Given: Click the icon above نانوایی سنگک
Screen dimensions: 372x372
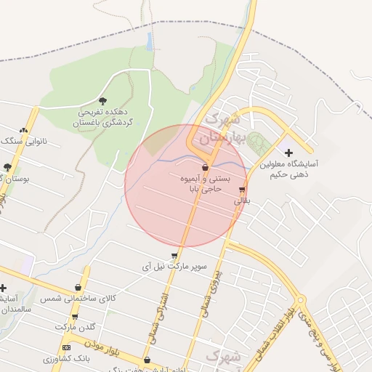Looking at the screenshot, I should [24, 131].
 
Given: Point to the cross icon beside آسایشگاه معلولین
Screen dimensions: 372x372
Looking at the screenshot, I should [288, 153].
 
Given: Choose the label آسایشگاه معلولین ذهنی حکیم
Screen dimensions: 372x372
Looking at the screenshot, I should [294, 169].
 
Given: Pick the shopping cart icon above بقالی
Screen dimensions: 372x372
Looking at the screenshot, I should [241, 190].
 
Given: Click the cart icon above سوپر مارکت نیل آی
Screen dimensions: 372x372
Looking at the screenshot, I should [174, 256].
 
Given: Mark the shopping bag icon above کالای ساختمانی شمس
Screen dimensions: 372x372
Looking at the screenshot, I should [78, 288].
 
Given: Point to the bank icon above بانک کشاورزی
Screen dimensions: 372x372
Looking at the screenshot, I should [67, 348].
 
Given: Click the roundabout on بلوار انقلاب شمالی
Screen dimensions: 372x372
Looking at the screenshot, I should [301, 299].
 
